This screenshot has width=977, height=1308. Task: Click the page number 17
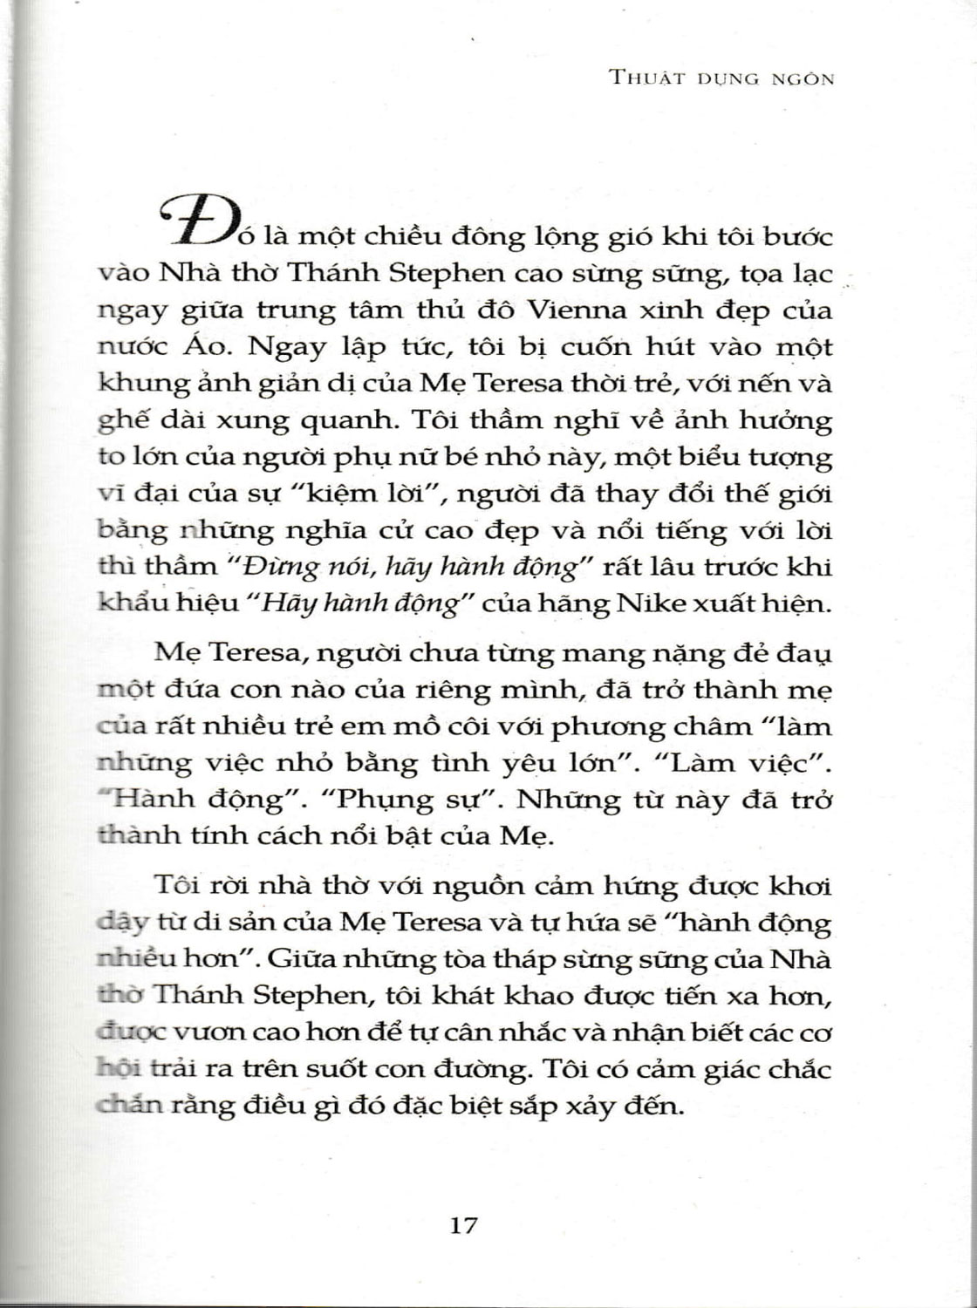tap(463, 1224)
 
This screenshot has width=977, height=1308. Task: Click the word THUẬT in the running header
tap(647, 78)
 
